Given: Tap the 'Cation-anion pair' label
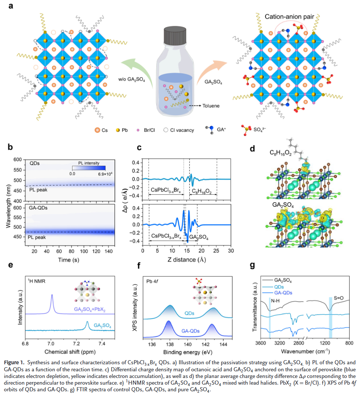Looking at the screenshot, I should click(290, 17).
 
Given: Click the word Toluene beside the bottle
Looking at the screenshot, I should click(211, 106).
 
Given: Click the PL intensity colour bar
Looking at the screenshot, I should click(89, 167).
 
